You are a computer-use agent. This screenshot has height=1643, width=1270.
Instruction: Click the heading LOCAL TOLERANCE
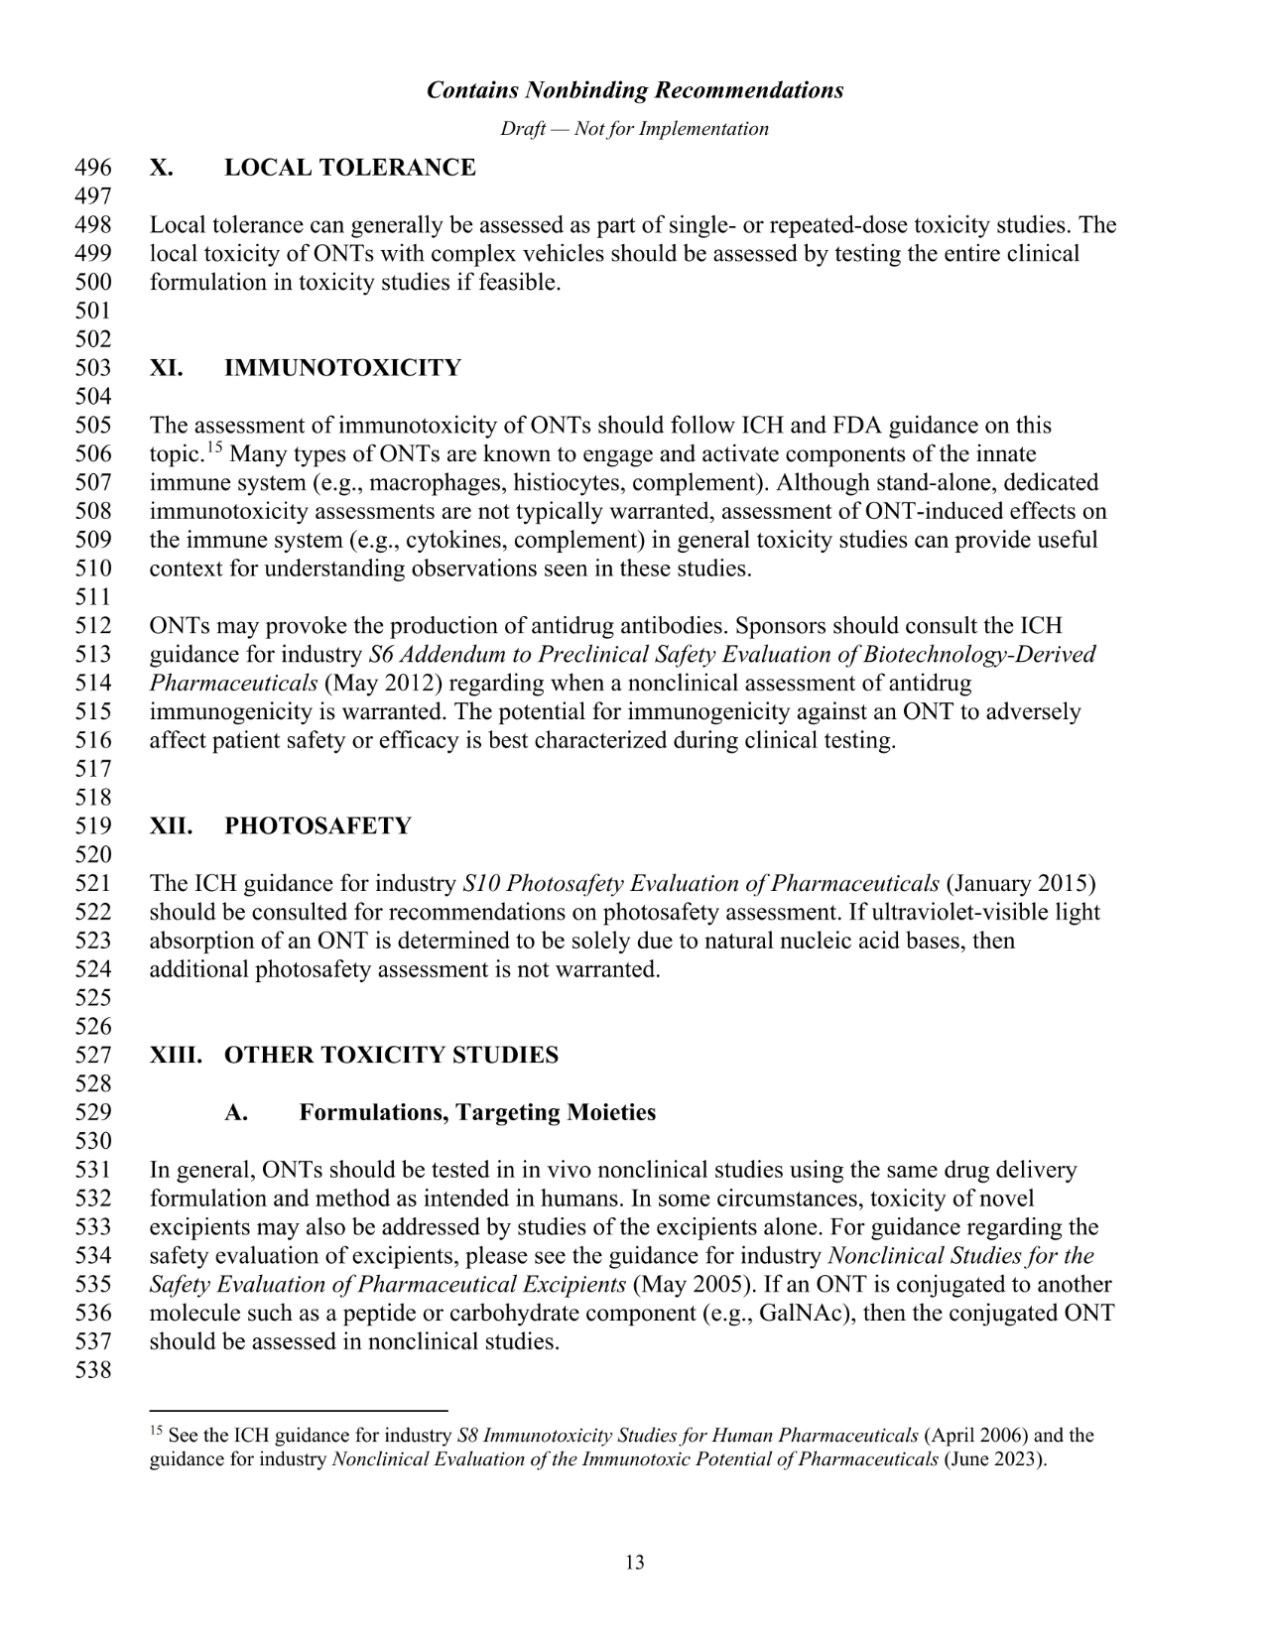349,168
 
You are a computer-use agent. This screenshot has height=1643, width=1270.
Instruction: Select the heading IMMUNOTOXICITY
342,368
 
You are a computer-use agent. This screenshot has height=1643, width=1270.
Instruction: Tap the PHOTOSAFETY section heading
317,826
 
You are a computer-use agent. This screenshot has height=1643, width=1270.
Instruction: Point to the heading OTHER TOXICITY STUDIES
391,1055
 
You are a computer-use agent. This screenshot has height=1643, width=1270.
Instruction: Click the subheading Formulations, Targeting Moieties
477,1112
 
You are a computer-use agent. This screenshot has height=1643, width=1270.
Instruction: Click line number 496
93,168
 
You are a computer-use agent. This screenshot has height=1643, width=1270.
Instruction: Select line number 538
93,1371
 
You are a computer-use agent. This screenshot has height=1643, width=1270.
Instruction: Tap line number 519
93,826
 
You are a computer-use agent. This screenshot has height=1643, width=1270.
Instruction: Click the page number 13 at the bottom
635,1563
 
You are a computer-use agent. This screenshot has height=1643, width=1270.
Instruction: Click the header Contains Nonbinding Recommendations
635,90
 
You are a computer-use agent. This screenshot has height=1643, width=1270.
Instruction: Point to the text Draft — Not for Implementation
635,129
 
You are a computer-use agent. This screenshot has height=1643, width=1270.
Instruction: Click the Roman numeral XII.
171,826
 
